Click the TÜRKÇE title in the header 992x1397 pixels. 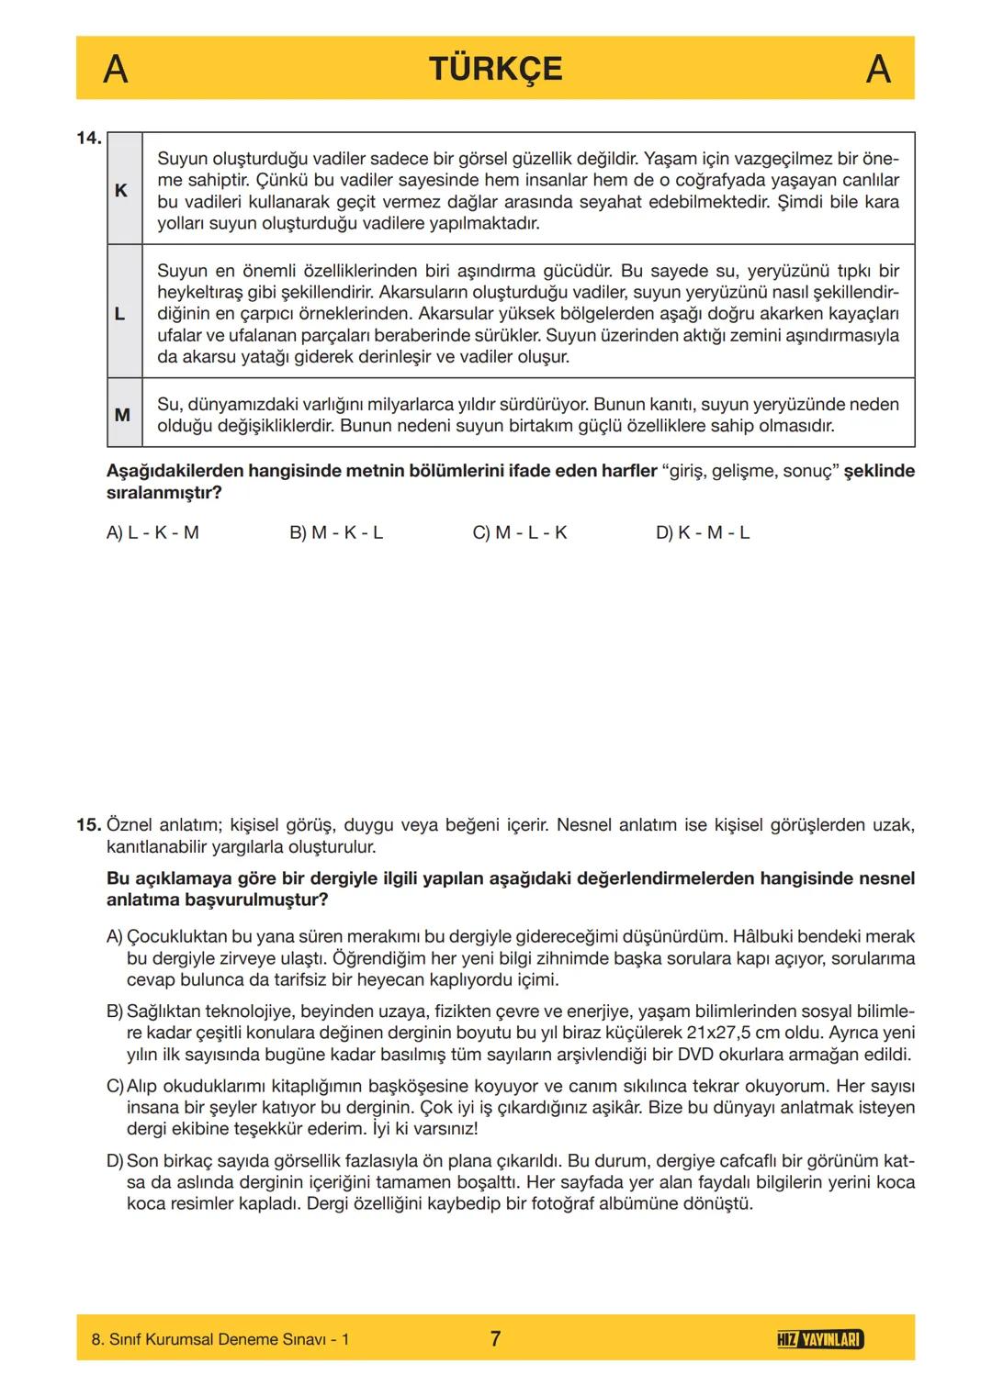pyautogui.click(x=495, y=69)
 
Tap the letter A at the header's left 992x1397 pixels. pyautogui.click(x=115, y=69)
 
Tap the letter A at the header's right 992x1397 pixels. pyautogui.click(x=878, y=69)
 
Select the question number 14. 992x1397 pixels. pyautogui.click(x=89, y=139)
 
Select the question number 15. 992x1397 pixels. pyautogui.click(x=88, y=824)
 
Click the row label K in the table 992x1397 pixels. pyautogui.click(x=120, y=190)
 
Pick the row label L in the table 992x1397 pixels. pyautogui.click(x=119, y=313)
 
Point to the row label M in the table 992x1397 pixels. pyautogui.click(x=122, y=415)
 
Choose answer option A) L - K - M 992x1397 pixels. pyautogui.click(x=152, y=532)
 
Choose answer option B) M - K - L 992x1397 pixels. pyautogui.click(x=335, y=532)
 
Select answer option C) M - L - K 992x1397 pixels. pyautogui.click(x=519, y=532)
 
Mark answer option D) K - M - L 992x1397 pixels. pyautogui.click(x=702, y=532)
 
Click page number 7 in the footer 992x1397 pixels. pyautogui.click(x=495, y=1338)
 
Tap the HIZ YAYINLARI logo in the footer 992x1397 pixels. pyautogui.click(x=819, y=1339)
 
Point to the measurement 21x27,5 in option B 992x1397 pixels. pyautogui.click(x=727, y=1033)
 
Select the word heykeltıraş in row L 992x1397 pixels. pyautogui.click(x=202, y=292)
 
